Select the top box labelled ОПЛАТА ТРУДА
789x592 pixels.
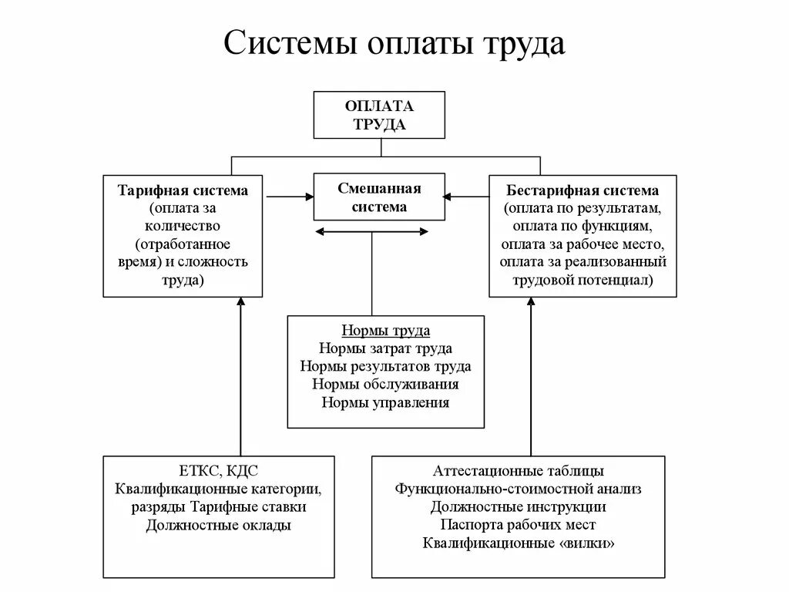point(379,115)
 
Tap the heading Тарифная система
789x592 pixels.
point(183,190)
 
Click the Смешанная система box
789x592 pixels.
point(379,197)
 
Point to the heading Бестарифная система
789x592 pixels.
point(583,190)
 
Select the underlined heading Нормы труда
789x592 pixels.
point(385,331)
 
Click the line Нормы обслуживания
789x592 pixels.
point(385,385)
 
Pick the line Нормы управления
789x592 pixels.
point(385,402)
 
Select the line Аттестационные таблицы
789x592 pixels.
point(518,471)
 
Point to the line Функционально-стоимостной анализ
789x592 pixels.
point(518,489)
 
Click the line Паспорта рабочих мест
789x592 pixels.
point(518,525)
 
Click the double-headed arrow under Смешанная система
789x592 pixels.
point(373,232)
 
